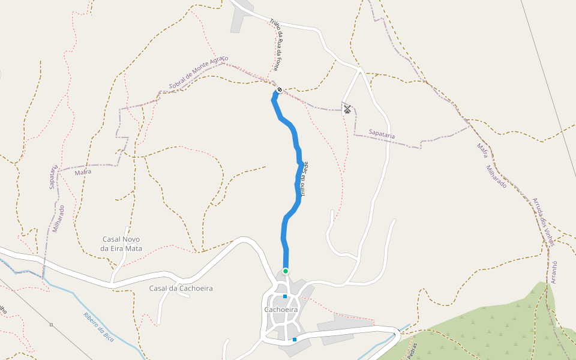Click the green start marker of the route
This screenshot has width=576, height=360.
pyautogui.click(x=286, y=271)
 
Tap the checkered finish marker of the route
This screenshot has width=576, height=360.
pyautogui.click(x=280, y=90)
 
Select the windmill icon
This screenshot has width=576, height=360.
pyautogui.click(x=347, y=109)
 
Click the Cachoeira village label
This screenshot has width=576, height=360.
pyautogui.click(x=281, y=310)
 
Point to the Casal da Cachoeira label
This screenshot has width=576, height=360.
pyautogui.click(x=181, y=289)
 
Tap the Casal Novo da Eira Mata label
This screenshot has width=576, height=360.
pyautogui.click(x=122, y=244)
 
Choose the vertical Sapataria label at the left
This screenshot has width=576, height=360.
pyautogui.click(x=54, y=176)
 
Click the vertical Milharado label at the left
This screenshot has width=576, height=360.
pyautogui.click(x=58, y=218)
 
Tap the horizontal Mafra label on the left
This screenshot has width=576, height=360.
pyautogui.click(x=83, y=172)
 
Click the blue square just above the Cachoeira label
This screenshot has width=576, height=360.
pyautogui.click(x=285, y=296)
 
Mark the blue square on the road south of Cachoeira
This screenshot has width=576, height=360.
pyautogui.click(x=295, y=340)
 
